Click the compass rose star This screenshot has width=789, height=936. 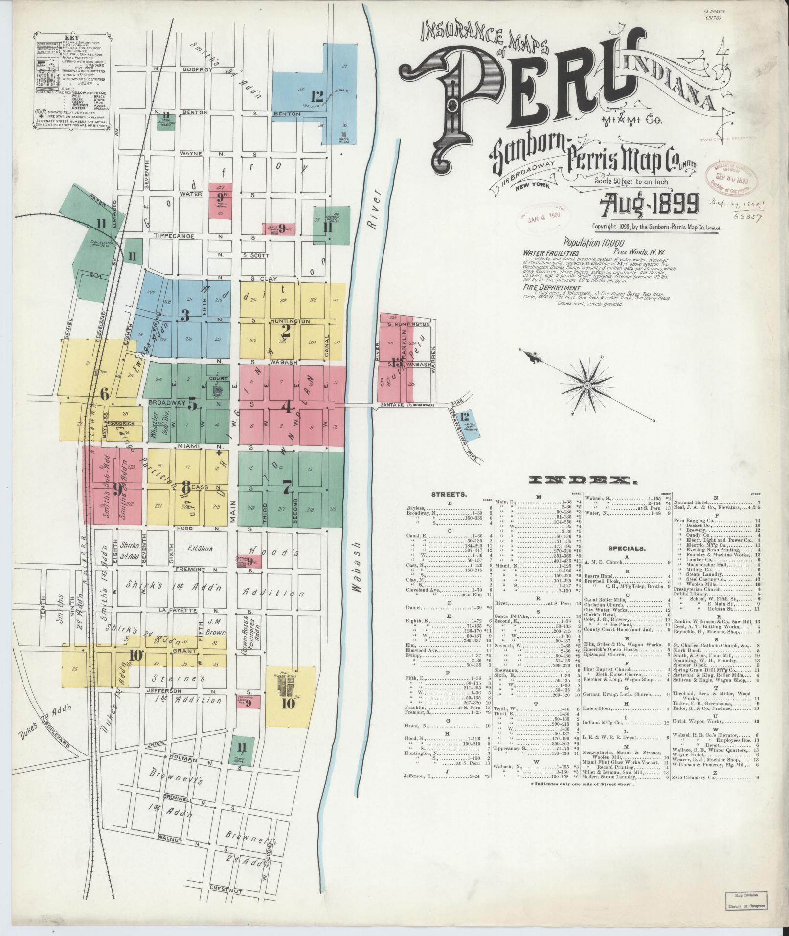tap(587, 387)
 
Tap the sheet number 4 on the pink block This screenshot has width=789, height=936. tap(287, 406)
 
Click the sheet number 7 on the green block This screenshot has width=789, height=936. tap(287, 487)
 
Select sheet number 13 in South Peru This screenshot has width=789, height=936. tap(396, 363)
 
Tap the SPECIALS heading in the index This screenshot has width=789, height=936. tap(627, 548)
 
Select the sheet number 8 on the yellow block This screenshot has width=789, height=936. tap(186, 487)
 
